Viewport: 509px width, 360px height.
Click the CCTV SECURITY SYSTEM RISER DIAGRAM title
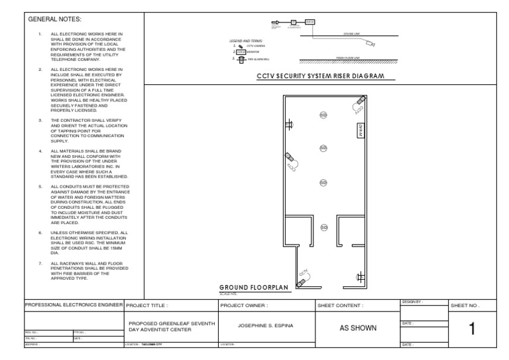[320, 77]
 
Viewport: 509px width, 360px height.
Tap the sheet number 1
[471, 329]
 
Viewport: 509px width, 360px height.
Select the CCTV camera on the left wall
[290, 158]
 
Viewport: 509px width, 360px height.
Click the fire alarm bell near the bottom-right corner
[360, 278]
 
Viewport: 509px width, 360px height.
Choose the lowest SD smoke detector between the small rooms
[324, 227]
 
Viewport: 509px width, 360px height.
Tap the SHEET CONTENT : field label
[341, 306]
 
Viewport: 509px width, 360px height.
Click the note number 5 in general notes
[40, 186]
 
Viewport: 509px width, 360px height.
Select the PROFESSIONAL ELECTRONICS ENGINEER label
[74, 305]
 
